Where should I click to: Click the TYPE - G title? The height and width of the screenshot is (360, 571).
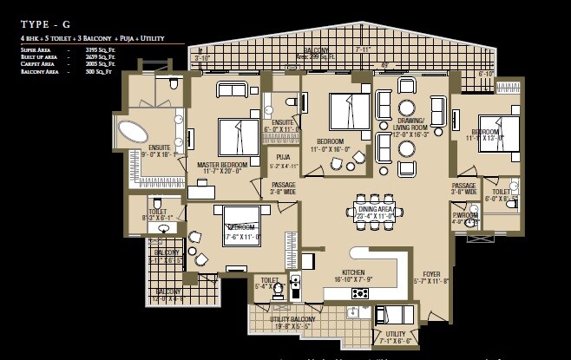pyautogui.click(x=45, y=25)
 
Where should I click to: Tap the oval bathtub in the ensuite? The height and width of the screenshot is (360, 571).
pyautogui.click(x=135, y=133)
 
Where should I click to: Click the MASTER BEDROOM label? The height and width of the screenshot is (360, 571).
pyautogui.click(x=222, y=164)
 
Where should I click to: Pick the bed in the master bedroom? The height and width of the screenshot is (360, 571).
pyautogui.click(x=238, y=137)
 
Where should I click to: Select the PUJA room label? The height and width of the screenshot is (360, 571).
pyautogui.click(x=284, y=157)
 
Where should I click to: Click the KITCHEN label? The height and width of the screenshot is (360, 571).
pyautogui.click(x=353, y=272)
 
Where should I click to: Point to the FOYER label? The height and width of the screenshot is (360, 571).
pyautogui.click(x=431, y=274)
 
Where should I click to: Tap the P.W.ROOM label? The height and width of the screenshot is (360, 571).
pyautogui.click(x=465, y=214)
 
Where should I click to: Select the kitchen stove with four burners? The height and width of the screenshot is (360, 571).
pyautogui.click(x=359, y=293)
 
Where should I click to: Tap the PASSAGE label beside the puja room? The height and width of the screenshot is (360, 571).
pyautogui.click(x=284, y=184)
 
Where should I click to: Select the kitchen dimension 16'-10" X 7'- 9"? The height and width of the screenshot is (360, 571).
pyautogui.click(x=353, y=279)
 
